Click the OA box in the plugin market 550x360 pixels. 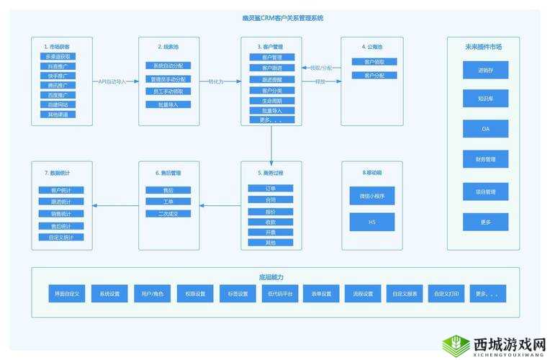[x=485, y=128]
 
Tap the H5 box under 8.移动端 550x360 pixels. [x=372, y=222]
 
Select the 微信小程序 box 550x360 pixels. [x=372, y=195]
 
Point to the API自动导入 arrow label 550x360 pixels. [x=115, y=81]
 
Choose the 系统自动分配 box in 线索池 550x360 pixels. [x=168, y=66]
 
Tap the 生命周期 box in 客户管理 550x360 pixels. [x=271, y=101]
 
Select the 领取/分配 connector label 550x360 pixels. [x=321, y=68]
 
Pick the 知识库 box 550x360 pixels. [x=485, y=99]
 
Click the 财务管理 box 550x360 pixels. [x=485, y=159]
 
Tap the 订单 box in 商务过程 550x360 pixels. [x=271, y=189]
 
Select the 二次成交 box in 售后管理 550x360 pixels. [x=168, y=213]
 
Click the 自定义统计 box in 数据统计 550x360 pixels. [x=60, y=237]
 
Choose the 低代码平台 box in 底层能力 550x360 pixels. [x=278, y=294]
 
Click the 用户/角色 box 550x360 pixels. [x=152, y=294]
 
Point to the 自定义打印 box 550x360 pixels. [x=445, y=294]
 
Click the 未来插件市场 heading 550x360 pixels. [x=483, y=47]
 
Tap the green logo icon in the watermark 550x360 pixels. [x=456, y=344]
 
